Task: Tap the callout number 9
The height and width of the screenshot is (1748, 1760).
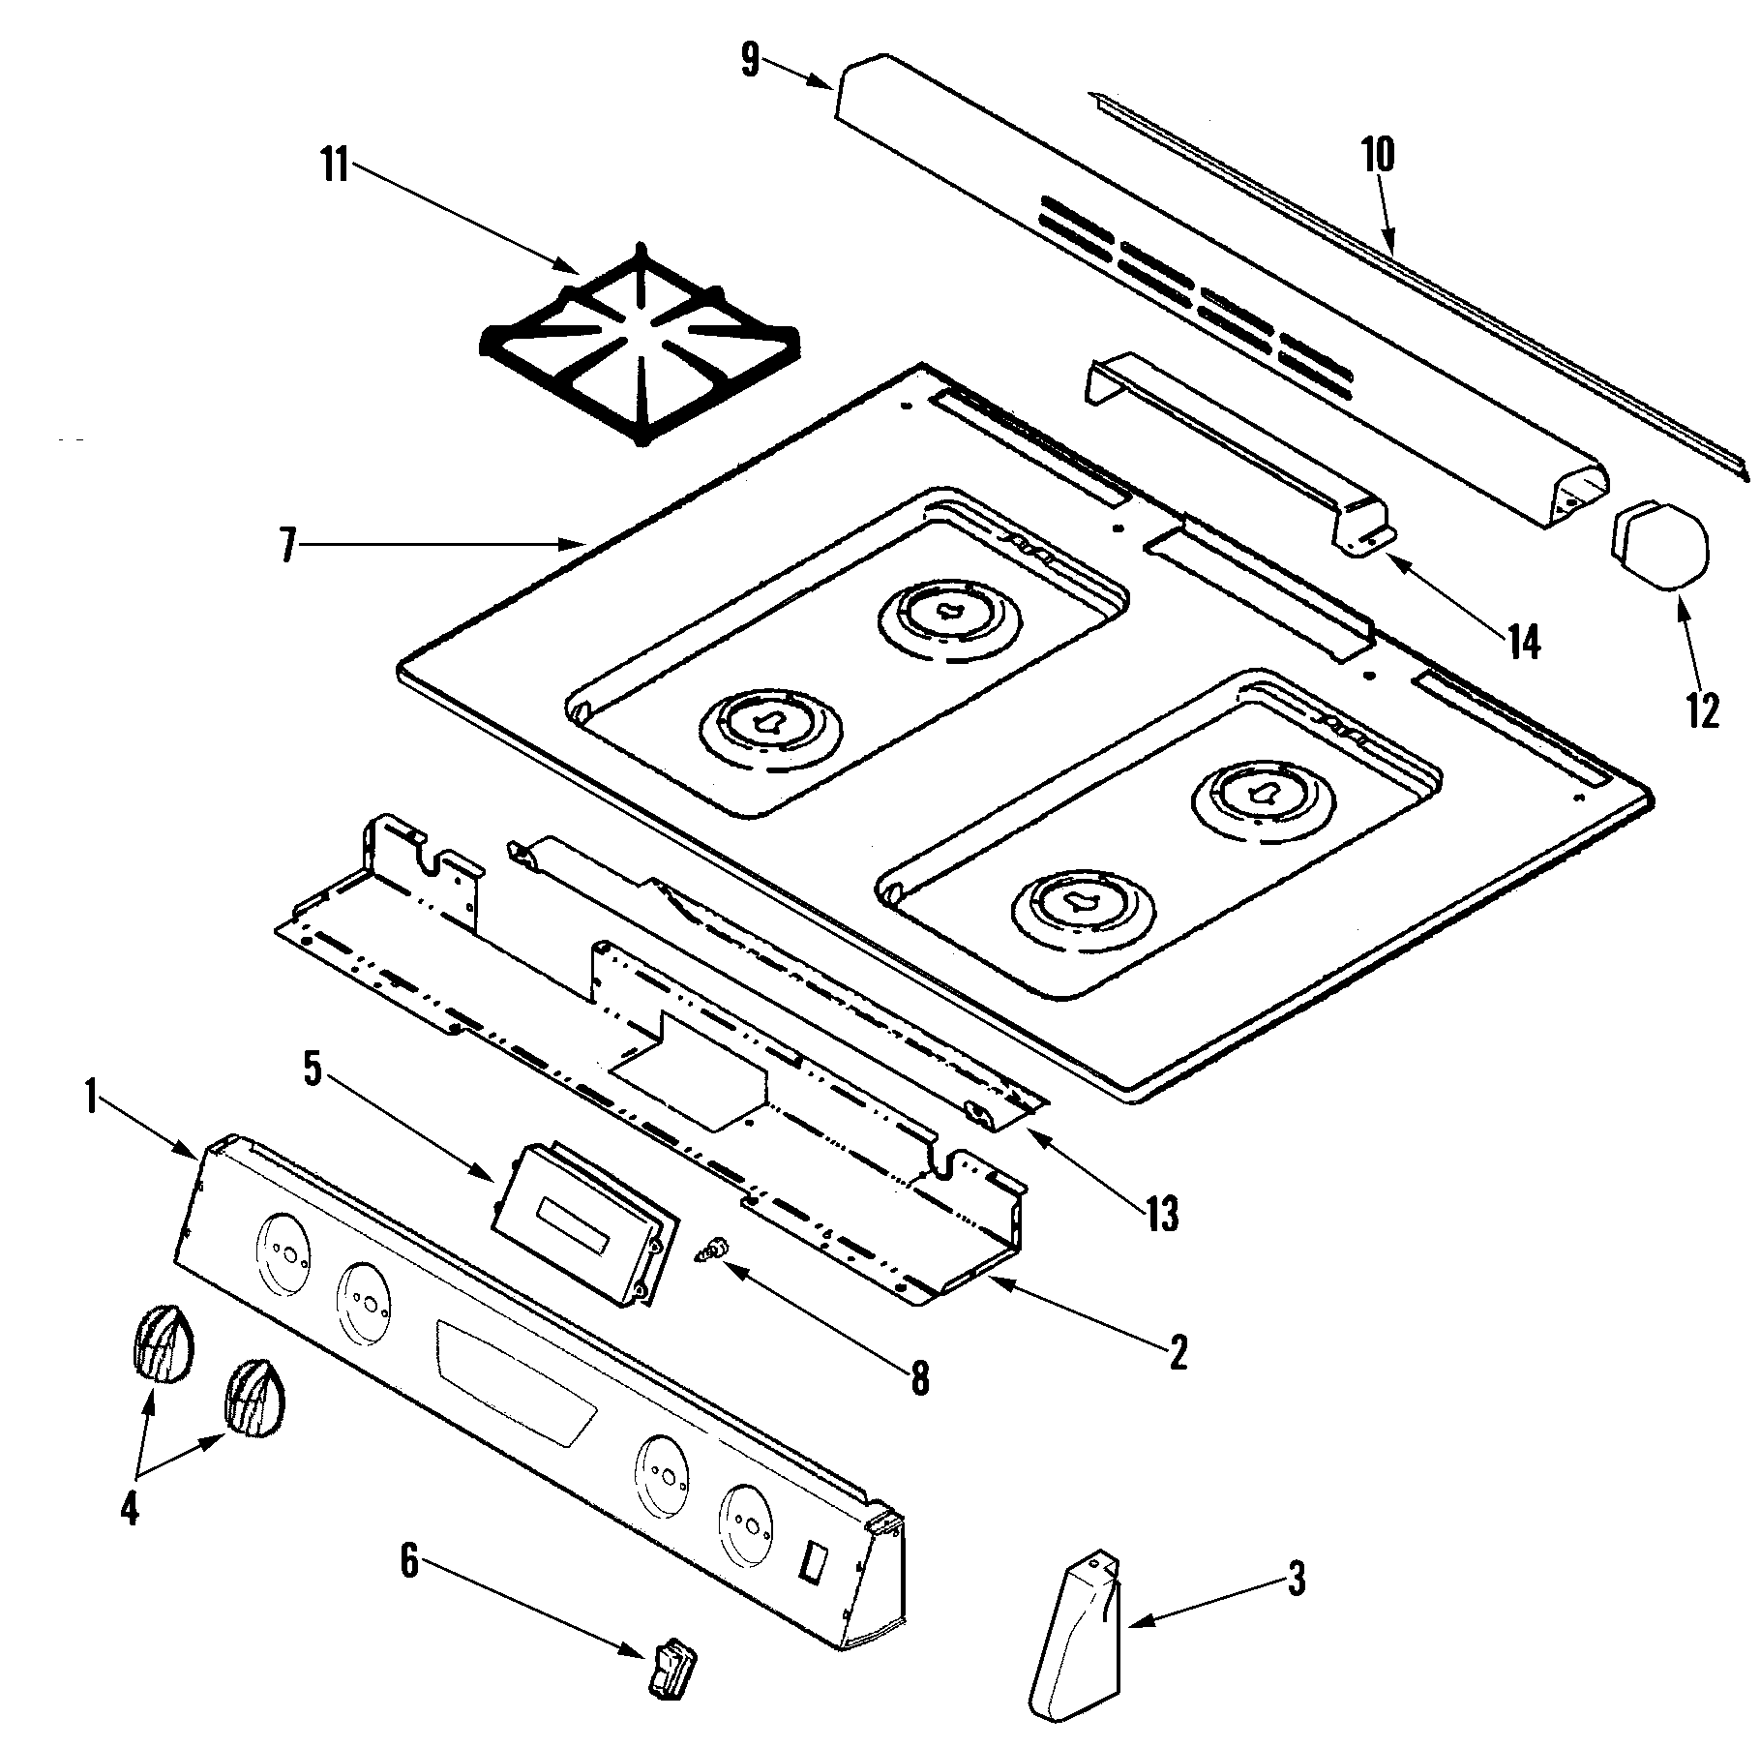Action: tap(751, 61)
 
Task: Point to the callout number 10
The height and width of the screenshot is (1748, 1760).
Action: tap(1379, 155)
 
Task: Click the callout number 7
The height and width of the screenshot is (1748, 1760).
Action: tap(287, 545)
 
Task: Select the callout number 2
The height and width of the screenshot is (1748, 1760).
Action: tap(1177, 1351)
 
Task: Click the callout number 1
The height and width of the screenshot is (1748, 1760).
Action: tap(90, 1100)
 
